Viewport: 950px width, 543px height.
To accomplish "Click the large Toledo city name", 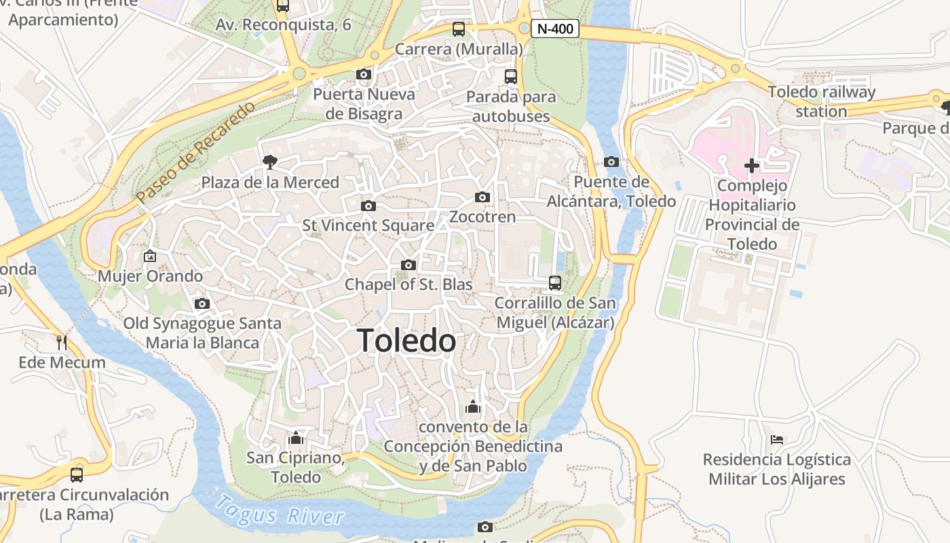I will pos(406,341).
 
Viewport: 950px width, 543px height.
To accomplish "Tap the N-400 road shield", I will pos(555,29).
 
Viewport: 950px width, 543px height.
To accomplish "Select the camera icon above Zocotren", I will pos(482,198).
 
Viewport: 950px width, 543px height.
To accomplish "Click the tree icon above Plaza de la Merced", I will pos(270,162).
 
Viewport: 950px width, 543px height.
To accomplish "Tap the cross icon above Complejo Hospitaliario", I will pos(751,165).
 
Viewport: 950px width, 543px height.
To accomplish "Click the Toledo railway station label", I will pos(822,101).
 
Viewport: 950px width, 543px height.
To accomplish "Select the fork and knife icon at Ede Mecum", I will pos(62,342).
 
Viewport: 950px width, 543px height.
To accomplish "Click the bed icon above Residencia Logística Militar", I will pos(777,440).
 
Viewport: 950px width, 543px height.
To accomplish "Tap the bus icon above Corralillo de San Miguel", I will pos(555,282).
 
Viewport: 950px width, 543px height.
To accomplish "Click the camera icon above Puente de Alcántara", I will pos(611,162).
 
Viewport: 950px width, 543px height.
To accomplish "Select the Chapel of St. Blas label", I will pos(408,284).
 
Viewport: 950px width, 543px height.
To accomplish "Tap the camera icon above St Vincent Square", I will pos(368,206).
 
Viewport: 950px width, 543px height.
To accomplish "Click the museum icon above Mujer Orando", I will pos(150,256).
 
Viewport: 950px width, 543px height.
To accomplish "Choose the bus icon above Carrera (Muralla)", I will pos(459,29).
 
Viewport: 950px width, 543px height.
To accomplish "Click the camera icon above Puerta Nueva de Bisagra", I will pos(364,75).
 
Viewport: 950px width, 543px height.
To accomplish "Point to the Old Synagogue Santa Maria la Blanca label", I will pos(202,333).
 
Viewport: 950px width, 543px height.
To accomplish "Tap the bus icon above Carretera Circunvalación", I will pos(77,474).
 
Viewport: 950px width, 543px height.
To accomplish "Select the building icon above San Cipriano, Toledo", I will pos(295,438).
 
